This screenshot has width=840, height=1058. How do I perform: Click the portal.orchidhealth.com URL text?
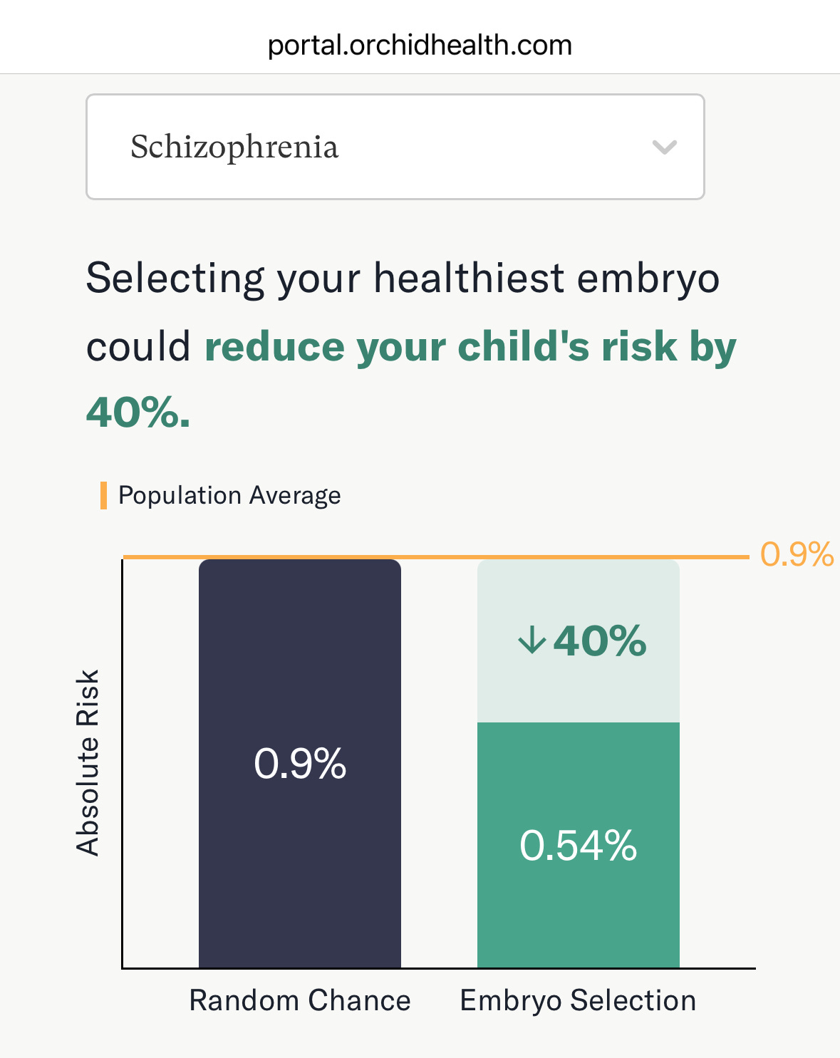click(420, 46)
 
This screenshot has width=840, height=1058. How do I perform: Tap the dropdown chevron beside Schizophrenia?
click(664, 147)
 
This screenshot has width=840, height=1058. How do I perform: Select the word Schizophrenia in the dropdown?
click(234, 147)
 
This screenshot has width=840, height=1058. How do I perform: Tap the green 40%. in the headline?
click(138, 413)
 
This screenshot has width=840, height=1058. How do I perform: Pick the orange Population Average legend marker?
click(104, 495)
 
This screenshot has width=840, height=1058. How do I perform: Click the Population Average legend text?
click(229, 495)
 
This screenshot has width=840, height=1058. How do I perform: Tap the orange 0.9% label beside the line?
click(797, 554)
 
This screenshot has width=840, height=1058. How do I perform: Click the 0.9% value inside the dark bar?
click(300, 764)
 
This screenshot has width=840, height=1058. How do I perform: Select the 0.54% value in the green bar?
click(578, 846)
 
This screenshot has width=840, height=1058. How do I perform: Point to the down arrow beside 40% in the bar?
click(532, 640)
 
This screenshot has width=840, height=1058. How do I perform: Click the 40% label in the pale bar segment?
click(600, 640)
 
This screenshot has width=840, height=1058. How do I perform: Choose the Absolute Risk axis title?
click(88, 762)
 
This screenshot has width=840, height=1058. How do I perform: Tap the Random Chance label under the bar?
click(300, 1000)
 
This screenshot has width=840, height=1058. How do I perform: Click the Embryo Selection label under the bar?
click(578, 1000)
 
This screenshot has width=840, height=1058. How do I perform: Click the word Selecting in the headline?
click(175, 279)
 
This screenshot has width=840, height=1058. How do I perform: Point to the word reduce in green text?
click(274, 347)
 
